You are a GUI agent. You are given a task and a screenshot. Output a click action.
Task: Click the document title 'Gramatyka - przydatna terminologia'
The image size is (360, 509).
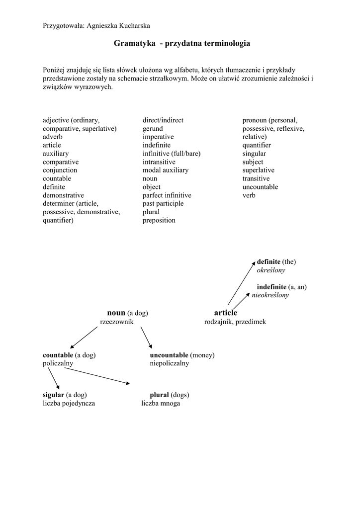point(181,44)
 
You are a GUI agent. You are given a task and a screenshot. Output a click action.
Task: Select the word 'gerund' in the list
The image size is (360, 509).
point(153,129)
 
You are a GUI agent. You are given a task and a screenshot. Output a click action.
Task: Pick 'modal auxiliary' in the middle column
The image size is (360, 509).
point(165,170)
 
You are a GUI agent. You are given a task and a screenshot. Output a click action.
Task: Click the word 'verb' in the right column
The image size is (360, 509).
point(249,195)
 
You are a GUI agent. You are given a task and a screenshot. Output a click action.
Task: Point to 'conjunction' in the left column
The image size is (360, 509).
point(60,170)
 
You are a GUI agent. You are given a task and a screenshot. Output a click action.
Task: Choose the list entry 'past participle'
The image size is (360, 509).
point(163,204)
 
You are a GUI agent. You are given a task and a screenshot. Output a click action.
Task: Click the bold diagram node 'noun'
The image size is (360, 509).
point(116,313)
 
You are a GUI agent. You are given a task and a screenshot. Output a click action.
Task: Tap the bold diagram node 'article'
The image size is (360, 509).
point(225,313)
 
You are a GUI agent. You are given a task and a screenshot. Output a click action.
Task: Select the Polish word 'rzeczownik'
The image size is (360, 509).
point(116,322)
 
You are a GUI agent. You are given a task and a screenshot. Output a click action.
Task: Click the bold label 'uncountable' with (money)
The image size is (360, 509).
point(169,355)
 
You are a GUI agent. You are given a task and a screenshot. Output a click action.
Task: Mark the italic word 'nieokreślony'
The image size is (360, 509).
point(270,295)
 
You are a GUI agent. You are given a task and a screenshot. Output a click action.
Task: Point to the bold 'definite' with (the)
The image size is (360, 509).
point(271,261)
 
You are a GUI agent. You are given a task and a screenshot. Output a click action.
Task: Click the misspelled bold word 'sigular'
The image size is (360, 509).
point(53,395)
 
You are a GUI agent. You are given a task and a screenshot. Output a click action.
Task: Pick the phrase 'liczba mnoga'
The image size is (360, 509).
point(161,404)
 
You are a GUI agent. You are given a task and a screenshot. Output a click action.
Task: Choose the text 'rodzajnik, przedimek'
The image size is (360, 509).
point(235,322)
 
